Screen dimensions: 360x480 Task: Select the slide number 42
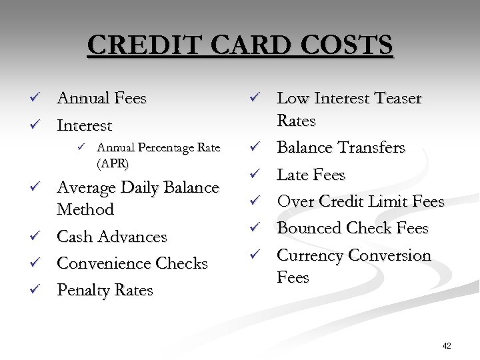click(x=446, y=345)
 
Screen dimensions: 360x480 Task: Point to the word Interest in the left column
click(x=85, y=125)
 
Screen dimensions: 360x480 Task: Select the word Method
click(x=85, y=209)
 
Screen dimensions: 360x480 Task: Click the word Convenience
click(x=100, y=264)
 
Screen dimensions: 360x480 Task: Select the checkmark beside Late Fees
click(x=254, y=175)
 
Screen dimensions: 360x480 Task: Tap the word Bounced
click(x=309, y=228)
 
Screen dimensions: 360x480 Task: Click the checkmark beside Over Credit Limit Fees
click(x=254, y=201)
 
